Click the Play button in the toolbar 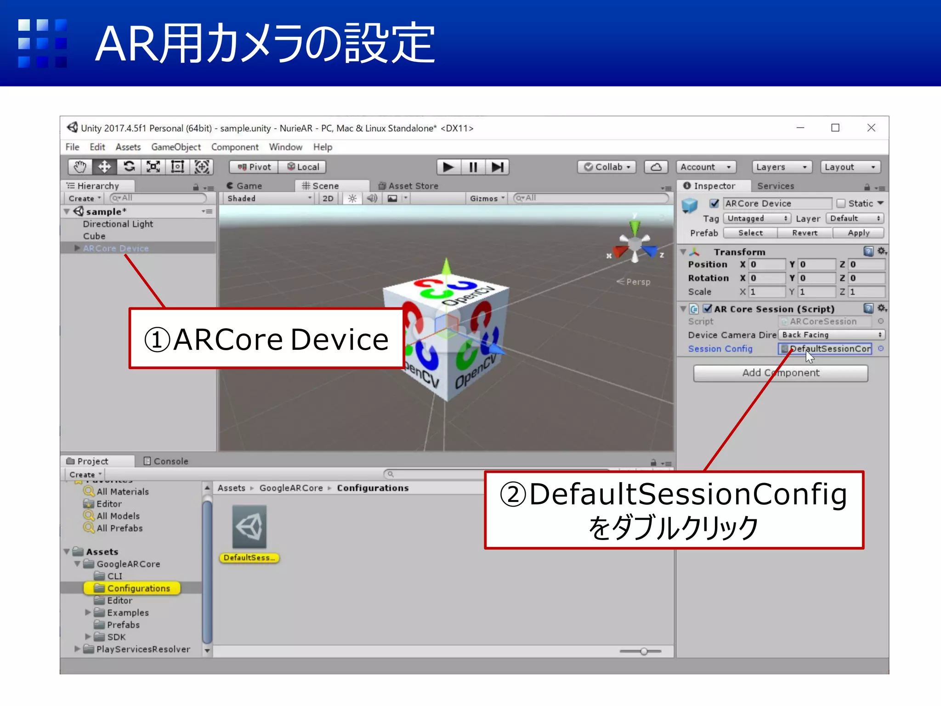[x=448, y=167]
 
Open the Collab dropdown [x=607, y=167]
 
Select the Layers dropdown [x=781, y=167]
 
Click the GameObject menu [x=176, y=147]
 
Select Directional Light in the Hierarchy [x=118, y=224]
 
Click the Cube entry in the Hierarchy [x=94, y=236]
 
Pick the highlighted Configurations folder [x=138, y=588]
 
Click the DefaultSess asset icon [x=249, y=527]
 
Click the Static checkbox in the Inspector [x=841, y=203]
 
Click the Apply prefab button [x=858, y=233]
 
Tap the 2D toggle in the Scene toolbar [x=328, y=199]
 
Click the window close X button [x=871, y=128]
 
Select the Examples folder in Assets [x=127, y=613]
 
